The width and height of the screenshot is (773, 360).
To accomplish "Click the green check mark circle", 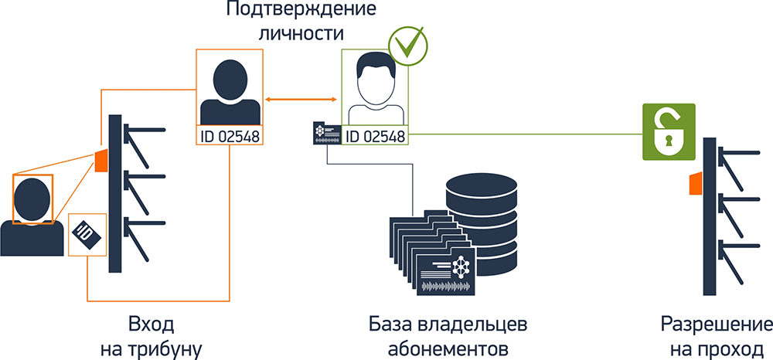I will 406,46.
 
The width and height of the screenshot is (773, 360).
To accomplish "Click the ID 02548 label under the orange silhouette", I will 229,137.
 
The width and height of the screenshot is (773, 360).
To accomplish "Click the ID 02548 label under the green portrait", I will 375,137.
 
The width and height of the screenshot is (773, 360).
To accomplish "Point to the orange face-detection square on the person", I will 33,198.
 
